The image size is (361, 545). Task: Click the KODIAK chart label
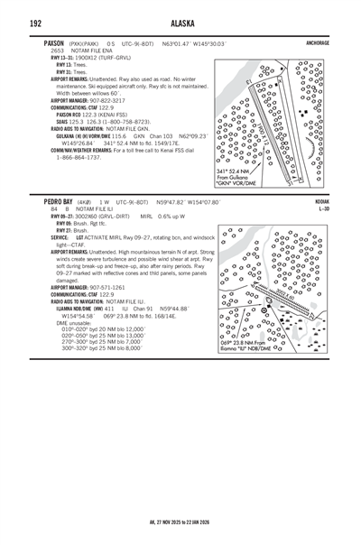pyautogui.click(x=322, y=202)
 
